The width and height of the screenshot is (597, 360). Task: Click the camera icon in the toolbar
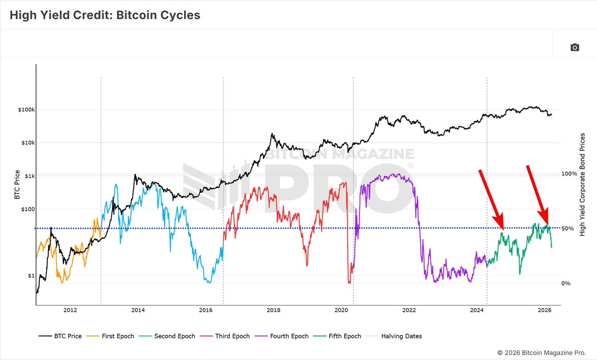point(575,47)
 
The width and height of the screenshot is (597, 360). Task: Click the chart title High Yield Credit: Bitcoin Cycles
point(105,15)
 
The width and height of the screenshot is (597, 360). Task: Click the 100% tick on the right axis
point(569,174)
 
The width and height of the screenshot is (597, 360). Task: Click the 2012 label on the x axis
point(70,311)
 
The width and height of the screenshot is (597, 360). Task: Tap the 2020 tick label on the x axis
point(341,311)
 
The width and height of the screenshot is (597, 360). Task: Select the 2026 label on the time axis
point(545,311)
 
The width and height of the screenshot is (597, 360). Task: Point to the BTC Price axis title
point(17,185)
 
